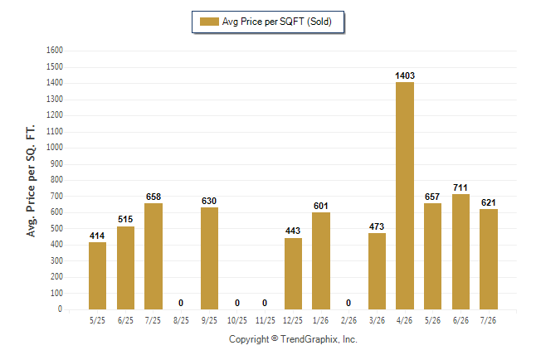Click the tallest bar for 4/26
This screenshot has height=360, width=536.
405,196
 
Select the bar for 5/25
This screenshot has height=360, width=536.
97,276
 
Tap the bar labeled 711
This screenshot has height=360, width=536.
460,251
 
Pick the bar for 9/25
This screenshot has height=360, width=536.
209,259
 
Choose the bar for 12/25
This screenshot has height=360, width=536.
293,274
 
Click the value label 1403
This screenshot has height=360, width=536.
405,75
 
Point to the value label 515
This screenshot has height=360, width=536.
125,219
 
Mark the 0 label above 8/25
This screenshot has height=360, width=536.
181,303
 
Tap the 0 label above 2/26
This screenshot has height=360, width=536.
348,303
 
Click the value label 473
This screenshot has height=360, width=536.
377,226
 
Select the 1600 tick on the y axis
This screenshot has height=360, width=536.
55,51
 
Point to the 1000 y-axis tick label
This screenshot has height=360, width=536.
55,148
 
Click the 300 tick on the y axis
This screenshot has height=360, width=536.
56,260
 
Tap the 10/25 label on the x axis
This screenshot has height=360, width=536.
237,321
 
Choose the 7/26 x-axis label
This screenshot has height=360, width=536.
488,321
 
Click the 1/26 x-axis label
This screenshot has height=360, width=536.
320,321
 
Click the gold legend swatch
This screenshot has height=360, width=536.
209,22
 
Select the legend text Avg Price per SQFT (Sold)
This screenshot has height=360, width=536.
277,22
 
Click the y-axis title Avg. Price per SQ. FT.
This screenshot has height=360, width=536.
31,181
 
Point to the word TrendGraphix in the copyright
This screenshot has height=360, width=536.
309,339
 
